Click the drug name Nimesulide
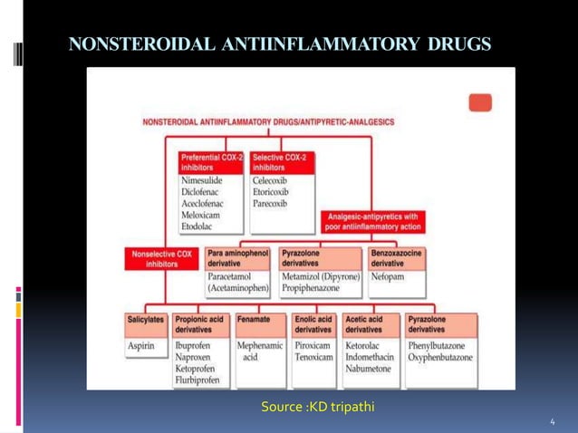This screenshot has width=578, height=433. [x=201, y=180]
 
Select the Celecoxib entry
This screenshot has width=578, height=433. [x=271, y=180]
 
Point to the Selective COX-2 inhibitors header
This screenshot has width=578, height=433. [x=282, y=162]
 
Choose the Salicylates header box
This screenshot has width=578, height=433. [x=146, y=324]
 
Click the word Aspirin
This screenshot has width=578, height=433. [x=142, y=346]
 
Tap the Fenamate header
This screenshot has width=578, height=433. [x=254, y=320]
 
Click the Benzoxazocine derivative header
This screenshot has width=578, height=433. [x=397, y=258]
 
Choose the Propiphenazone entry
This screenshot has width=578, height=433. [x=317, y=288]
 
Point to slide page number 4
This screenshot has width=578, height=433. [x=553, y=422]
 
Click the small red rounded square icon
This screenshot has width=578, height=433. [x=481, y=102]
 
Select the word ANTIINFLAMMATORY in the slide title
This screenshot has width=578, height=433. [x=307, y=43]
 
